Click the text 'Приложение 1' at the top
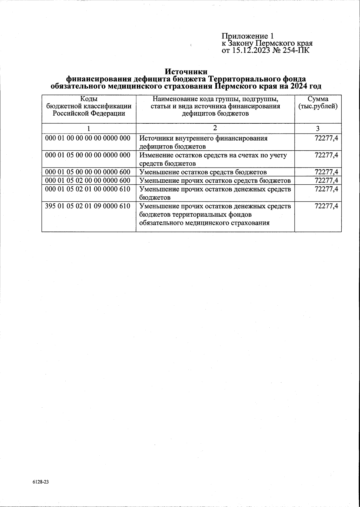(x=247, y=36)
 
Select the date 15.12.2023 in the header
(x=251, y=50)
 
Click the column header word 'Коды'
(x=89, y=99)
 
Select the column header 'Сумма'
(x=318, y=99)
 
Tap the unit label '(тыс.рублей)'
(x=318, y=106)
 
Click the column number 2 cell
(x=215, y=128)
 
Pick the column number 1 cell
(x=89, y=128)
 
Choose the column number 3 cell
(x=318, y=128)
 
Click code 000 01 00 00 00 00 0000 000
(x=88, y=138)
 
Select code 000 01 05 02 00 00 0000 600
(x=88, y=180)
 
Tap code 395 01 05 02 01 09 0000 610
(x=88, y=206)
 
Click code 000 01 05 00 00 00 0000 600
(x=88, y=172)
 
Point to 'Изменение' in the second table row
(x=155, y=155)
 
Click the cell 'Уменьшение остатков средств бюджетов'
(x=203, y=172)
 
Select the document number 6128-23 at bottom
(x=40, y=482)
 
